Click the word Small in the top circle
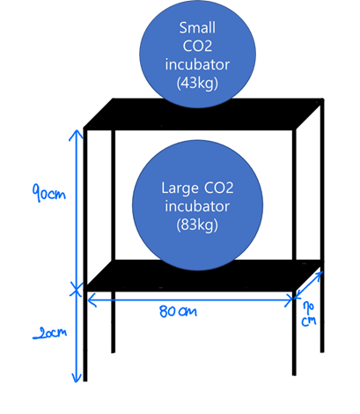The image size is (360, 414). [197, 28]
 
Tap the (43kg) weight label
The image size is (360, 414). [197, 83]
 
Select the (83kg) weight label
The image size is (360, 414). [197, 225]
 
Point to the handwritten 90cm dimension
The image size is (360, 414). [48, 193]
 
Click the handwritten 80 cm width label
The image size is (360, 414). [178, 311]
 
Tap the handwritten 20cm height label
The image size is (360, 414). [50, 334]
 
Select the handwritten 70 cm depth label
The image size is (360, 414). [309, 314]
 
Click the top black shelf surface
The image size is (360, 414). [203, 114]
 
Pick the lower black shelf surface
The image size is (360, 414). [203, 276]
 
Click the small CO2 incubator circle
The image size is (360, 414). [197, 54]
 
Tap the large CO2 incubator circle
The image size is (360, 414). [197, 205]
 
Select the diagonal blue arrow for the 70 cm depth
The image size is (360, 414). [309, 284]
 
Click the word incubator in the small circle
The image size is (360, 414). [197, 64]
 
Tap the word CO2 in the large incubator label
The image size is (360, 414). [218, 188]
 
